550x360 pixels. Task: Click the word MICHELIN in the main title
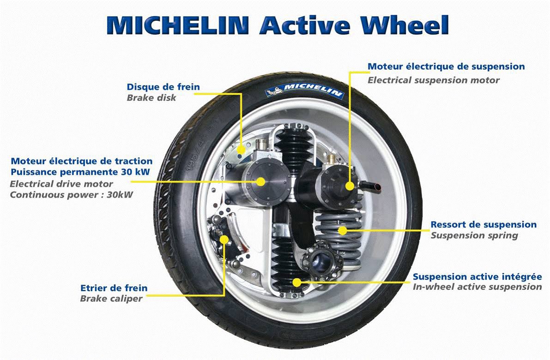tap(178, 24)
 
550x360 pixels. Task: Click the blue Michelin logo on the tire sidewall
tap(304, 90)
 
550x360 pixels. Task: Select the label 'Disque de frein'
tap(163, 87)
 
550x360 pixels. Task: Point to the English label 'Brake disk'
tap(151, 97)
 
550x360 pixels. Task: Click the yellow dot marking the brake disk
tap(241, 150)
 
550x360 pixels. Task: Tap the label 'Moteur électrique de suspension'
tap(446, 66)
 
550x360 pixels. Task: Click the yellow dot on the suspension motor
tap(350, 186)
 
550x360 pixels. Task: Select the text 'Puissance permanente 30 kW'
tap(80, 172)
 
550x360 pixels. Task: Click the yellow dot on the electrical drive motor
tap(260, 181)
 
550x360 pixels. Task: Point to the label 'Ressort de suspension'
tap(484, 224)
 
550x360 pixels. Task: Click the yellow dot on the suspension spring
tap(342, 230)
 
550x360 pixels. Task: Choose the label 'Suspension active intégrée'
tap(477, 276)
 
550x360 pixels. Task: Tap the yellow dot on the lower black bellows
tap(297, 282)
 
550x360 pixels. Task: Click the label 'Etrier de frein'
tap(114, 288)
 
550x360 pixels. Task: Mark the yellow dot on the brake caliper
tap(224, 240)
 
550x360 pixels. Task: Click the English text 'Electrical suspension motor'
tap(433, 80)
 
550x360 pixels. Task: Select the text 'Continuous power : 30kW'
tap(72, 195)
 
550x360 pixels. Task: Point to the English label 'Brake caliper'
tap(111, 299)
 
